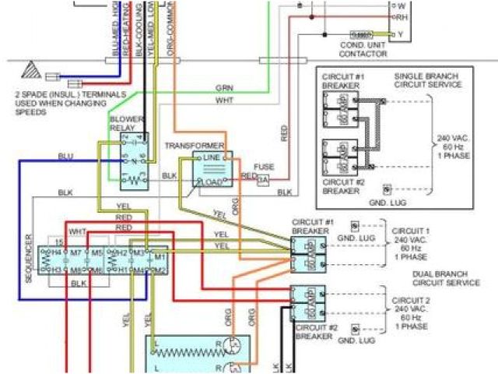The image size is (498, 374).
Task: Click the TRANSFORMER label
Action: point(195,146)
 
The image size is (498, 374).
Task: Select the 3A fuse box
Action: point(263,179)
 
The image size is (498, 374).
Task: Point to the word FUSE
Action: point(265,167)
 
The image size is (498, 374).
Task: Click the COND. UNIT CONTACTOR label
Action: point(363,51)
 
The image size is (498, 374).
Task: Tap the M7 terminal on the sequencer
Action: point(75,254)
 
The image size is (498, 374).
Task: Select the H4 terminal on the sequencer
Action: point(56,254)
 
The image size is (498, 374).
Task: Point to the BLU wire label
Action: point(65,157)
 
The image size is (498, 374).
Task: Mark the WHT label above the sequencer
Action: point(78,232)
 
